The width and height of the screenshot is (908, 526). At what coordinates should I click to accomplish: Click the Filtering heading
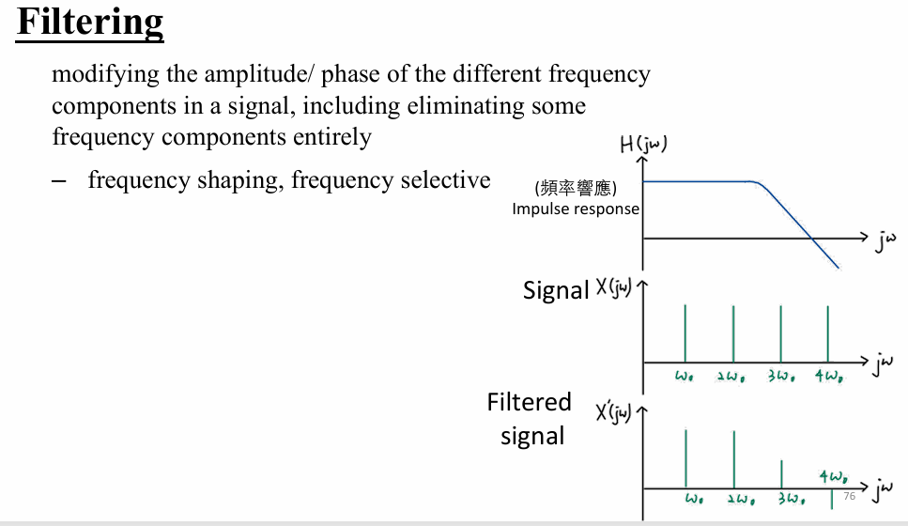[x=90, y=22]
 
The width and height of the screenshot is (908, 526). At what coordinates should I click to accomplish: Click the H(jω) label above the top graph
[x=643, y=146]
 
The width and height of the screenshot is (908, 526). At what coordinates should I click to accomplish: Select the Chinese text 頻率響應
[x=575, y=188]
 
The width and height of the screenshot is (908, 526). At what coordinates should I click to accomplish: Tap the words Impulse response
[x=575, y=209]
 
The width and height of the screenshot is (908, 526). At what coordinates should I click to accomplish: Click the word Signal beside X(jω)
[x=555, y=290]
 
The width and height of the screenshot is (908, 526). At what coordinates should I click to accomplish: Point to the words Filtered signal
[x=530, y=419]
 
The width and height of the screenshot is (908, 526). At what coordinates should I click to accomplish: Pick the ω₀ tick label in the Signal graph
[x=685, y=377]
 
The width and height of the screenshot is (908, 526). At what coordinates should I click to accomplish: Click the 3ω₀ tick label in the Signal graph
[x=781, y=377]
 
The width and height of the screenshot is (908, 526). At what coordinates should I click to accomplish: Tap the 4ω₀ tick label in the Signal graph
[x=828, y=377]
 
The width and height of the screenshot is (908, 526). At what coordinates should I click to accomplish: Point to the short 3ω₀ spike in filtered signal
[x=781, y=473]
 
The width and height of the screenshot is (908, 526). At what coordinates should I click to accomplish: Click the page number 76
[x=849, y=496]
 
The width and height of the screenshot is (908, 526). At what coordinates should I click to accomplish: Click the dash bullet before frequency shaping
[x=61, y=179]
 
